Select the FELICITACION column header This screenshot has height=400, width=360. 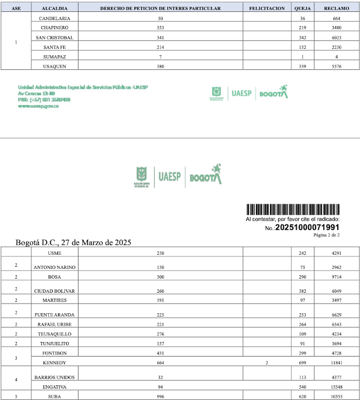[267, 9]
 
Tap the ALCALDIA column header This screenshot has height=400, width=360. [54, 9]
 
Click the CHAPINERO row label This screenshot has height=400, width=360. [54, 28]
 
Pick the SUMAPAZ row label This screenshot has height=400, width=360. [54, 56]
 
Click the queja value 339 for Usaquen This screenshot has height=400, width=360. [303, 66]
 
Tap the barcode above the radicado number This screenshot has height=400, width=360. [293, 210]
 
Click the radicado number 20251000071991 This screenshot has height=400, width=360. [307, 228]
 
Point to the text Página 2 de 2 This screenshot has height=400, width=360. [326, 235]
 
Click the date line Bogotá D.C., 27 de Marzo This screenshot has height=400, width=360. [74, 242]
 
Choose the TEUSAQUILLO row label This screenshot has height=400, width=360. [54, 334]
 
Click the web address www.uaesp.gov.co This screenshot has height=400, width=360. [38, 106]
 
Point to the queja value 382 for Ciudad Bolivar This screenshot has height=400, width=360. [303, 291]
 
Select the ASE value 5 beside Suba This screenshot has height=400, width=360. [16, 396]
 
